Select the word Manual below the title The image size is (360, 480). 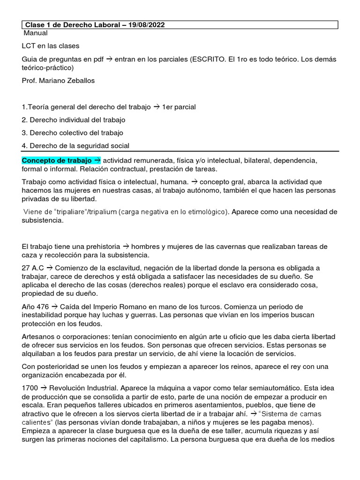(x=36, y=33)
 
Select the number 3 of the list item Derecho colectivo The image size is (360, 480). (x=24, y=133)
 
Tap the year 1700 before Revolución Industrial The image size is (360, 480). (x=30, y=388)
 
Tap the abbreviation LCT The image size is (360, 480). (x=30, y=46)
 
